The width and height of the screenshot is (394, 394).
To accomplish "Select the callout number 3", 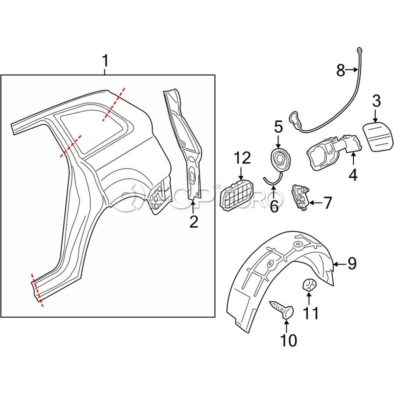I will click(376, 102).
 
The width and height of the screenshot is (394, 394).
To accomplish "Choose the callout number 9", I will click(352, 263).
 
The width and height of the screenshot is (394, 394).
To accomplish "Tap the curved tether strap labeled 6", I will click(273, 179).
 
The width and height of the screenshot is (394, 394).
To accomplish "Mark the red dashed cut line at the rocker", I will click(37, 290).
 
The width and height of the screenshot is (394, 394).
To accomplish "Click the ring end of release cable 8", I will click(359, 51).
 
